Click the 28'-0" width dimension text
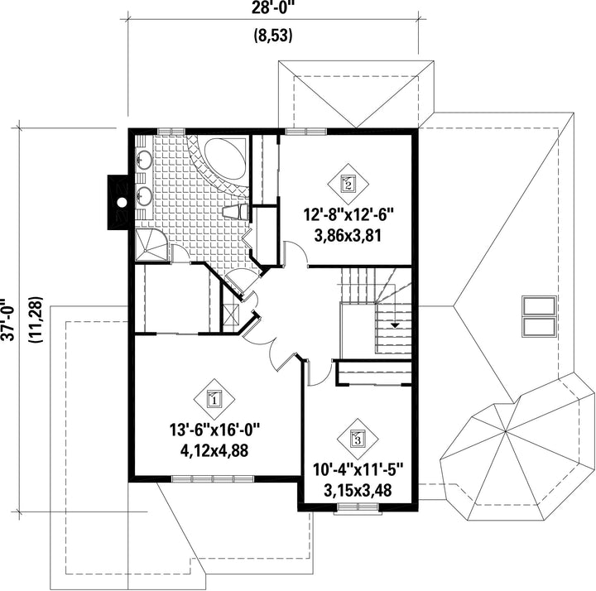[273, 8]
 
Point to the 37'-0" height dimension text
[8, 320]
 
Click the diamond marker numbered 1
[214, 399]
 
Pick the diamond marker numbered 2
[348, 184]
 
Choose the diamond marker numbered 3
[358, 439]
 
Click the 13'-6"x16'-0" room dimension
[214, 430]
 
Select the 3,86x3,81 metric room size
[348, 236]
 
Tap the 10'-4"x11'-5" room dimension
[358, 469]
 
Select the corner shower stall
[151, 245]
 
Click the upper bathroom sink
[144, 160]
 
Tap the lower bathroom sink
[144, 196]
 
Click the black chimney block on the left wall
[118, 202]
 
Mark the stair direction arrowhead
[396, 325]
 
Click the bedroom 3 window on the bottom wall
[358, 508]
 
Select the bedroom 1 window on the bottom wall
[213, 479]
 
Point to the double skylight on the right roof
[539, 316]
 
